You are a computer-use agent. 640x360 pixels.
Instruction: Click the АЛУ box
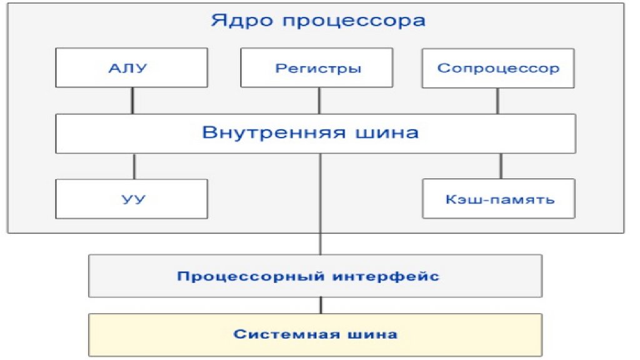coord(131,68)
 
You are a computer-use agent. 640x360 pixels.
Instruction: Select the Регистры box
coord(317,68)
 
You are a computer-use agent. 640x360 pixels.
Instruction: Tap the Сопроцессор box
coord(498,68)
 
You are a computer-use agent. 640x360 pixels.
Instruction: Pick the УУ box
coord(131,199)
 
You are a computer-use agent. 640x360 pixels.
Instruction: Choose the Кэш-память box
coord(498,199)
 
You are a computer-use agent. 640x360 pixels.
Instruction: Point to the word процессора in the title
coord(353,21)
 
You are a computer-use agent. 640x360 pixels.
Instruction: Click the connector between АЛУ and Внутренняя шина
coord(132,101)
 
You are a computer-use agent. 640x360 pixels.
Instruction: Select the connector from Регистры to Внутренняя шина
coord(319,101)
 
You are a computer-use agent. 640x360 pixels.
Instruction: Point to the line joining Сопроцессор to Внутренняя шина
coord(498,101)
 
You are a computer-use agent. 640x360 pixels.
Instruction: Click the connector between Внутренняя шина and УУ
coord(134,166)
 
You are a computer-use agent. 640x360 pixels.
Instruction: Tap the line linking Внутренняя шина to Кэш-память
coord(500,166)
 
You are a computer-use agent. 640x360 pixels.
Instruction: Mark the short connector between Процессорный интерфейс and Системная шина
coord(321,305)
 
